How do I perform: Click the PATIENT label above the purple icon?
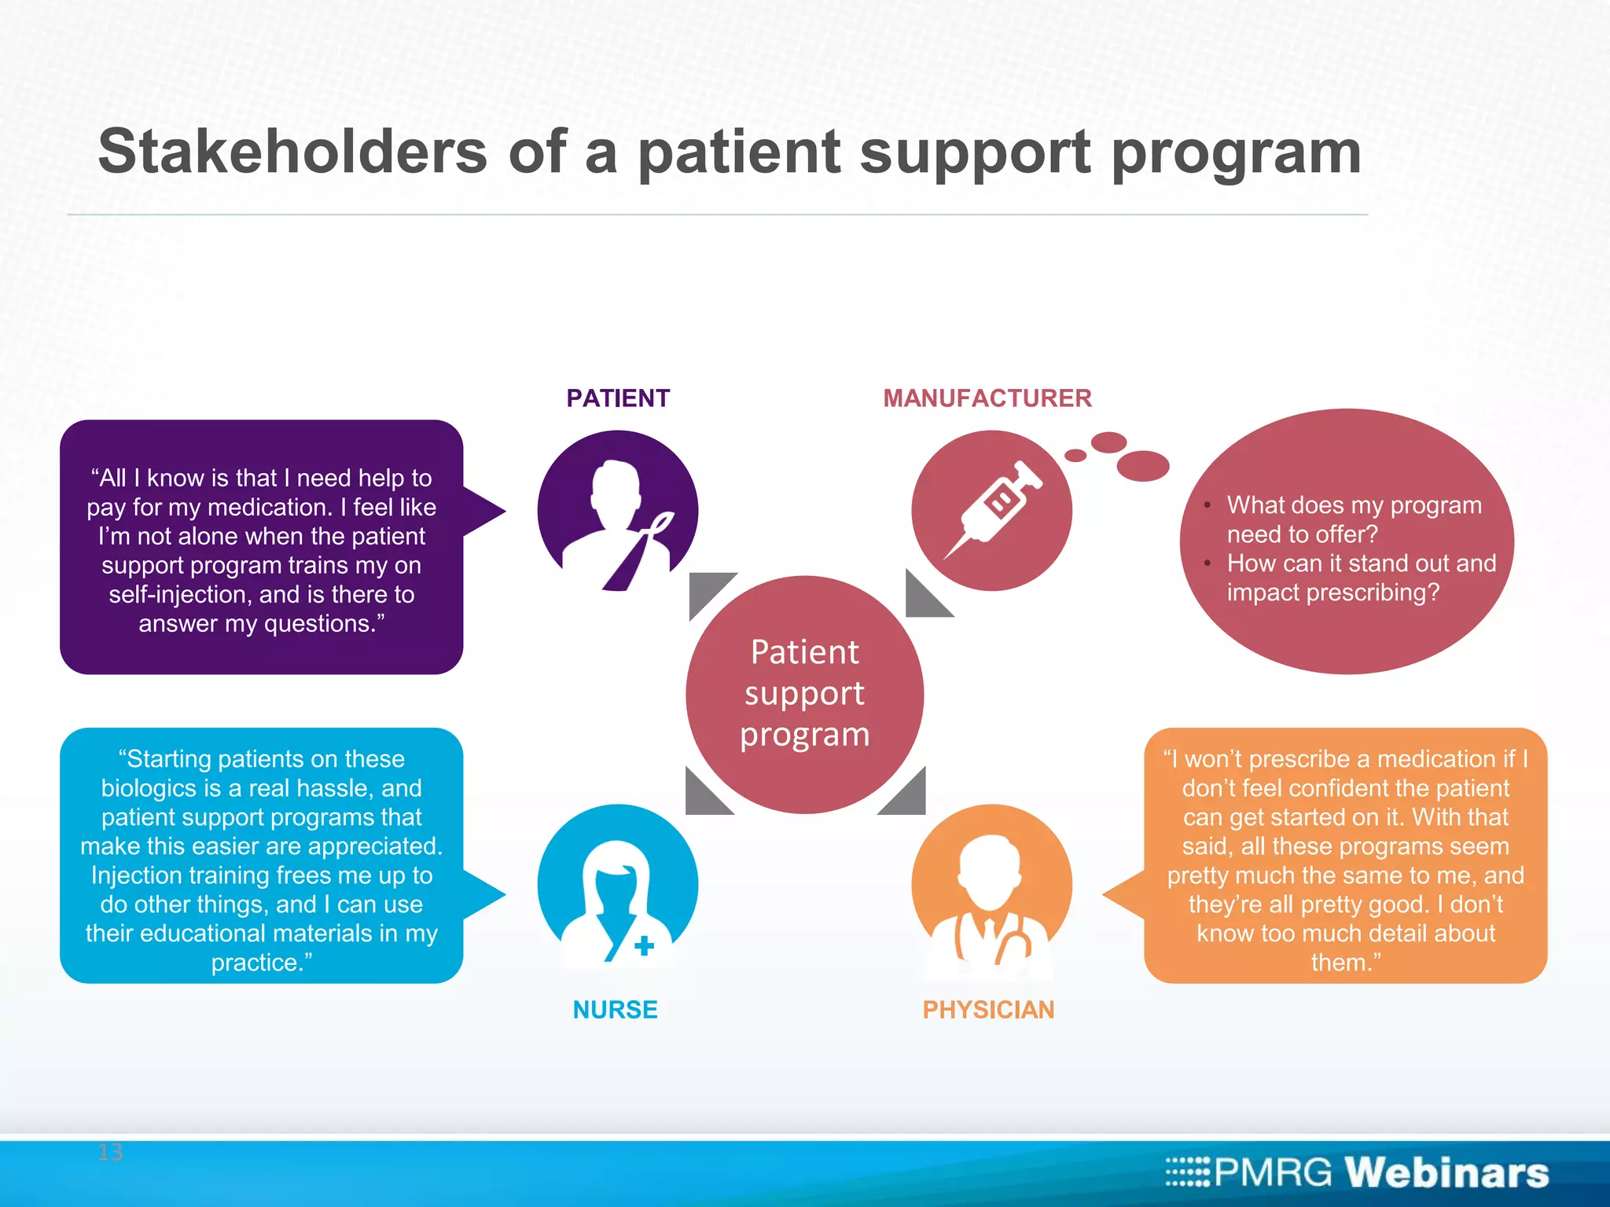pyautogui.click(x=618, y=398)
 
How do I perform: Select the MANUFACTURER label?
pyautogui.click(x=987, y=398)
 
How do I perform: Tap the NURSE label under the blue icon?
pyautogui.click(x=615, y=1010)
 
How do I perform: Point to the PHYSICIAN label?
pyautogui.click(x=988, y=1010)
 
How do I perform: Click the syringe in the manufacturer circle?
pyautogui.click(x=994, y=508)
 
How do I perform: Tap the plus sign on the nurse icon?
pyautogui.click(x=644, y=945)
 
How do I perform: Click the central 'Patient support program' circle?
pyautogui.click(x=804, y=694)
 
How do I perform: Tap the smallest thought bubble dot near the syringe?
pyautogui.click(x=1075, y=456)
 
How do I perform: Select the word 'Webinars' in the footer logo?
pyautogui.click(x=1446, y=1173)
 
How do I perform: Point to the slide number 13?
pyautogui.click(x=110, y=1153)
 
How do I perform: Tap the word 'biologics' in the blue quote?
pyautogui.click(x=149, y=788)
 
